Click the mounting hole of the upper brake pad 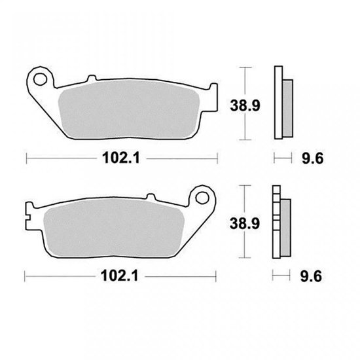(40, 79)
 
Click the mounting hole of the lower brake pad (202, 198)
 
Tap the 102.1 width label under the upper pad (121, 158)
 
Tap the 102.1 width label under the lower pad (119, 276)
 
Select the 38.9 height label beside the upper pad (245, 106)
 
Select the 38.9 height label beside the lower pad (245, 224)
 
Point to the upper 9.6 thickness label (313, 158)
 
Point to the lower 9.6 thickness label (311, 276)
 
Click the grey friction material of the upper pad (129, 109)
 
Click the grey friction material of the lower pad (114, 228)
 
